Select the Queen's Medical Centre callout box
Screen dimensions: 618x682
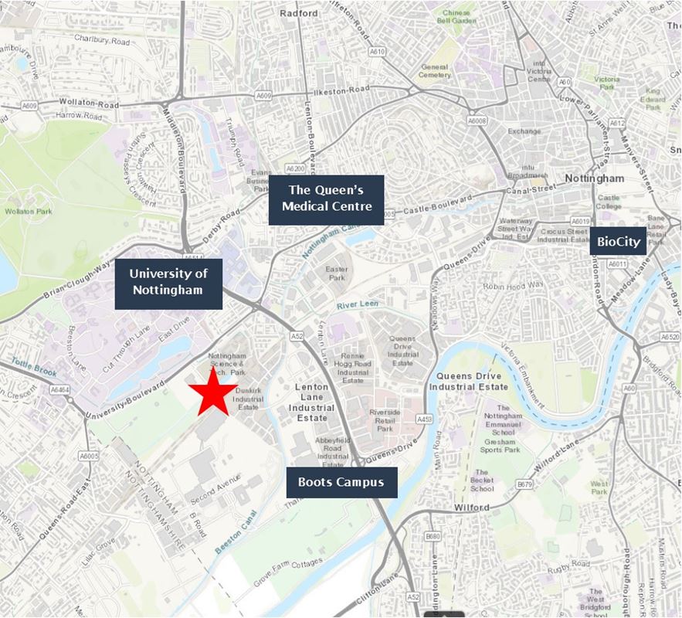point(326,199)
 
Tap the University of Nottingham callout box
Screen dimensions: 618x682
point(168,284)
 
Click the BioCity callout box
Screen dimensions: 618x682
point(619,241)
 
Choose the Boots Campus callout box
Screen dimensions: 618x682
point(341,483)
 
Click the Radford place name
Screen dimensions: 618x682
point(298,13)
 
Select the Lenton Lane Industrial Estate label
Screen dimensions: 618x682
point(316,402)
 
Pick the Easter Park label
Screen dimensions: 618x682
point(337,274)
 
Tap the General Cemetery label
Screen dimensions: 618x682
point(435,71)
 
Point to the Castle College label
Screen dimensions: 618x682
point(608,202)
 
